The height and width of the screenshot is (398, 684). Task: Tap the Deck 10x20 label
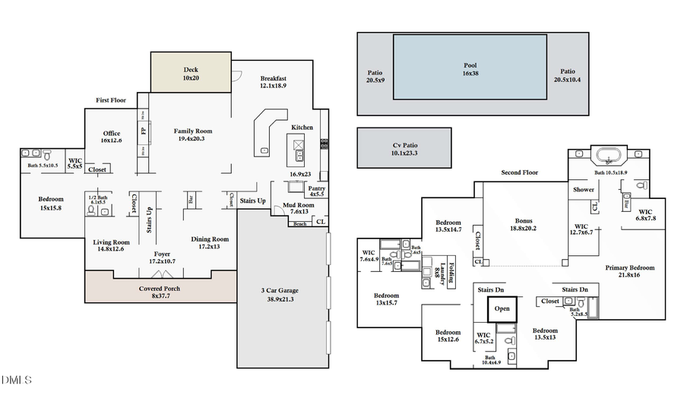coord(190,74)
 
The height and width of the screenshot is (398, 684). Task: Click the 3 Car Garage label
coord(281,295)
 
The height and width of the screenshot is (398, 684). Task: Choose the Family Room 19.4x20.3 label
coord(193,134)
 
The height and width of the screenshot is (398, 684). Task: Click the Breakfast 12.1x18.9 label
coord(273,83)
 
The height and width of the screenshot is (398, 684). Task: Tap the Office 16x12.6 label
coord(112,137)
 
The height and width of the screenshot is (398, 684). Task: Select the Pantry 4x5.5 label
coord(315,191)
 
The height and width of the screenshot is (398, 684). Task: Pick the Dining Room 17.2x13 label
coord(209,242)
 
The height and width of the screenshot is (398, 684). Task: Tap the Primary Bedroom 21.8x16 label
coord(629,271)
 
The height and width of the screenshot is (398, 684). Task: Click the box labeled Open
coord(502,309)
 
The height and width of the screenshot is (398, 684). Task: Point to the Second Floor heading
coord(519,172)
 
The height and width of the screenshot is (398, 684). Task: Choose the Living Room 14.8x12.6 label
coord(108,245)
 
